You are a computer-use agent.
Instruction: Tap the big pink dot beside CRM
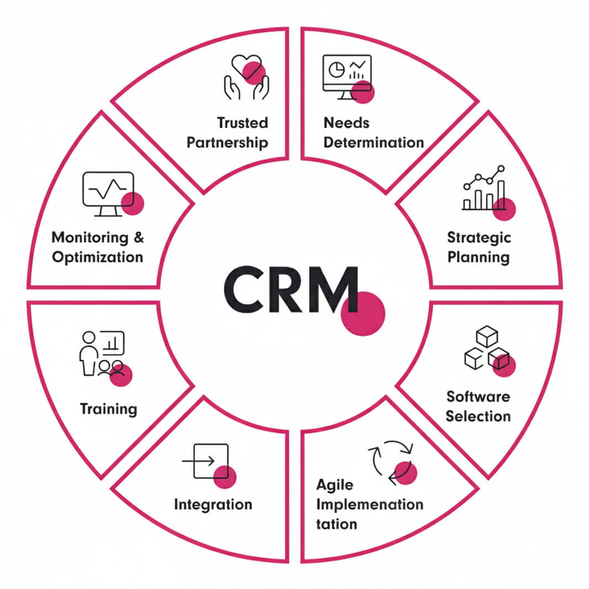362,313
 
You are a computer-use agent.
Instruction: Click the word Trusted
242,123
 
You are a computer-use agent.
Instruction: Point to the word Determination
374,143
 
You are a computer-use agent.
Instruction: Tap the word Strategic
479,238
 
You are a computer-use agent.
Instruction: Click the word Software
478,396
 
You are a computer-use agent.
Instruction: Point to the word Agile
334,485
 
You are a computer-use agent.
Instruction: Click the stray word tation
336,524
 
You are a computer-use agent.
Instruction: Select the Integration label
213,504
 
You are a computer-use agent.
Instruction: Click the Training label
108,409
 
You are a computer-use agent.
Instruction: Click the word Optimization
97,257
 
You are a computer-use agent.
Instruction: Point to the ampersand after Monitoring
138,238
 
